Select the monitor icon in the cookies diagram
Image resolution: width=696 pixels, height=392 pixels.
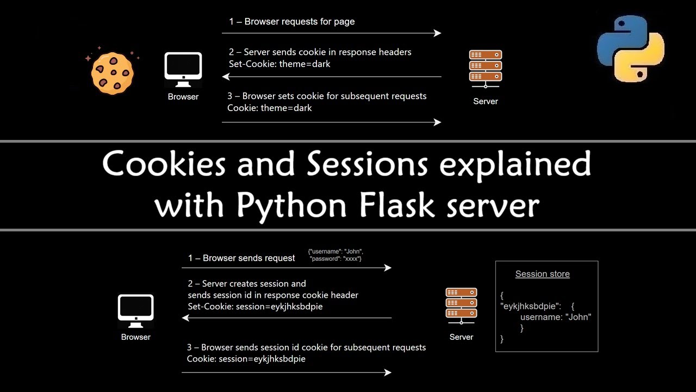pyautogui.click(x=183, y=70)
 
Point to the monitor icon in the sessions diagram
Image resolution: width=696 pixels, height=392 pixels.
pyautogui.click(x=136, y=311)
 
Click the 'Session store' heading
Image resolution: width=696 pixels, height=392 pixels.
pyautogui.click(x=542, y=274)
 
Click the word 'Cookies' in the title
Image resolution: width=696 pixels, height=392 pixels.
pyautogui.click(x=165, y=163)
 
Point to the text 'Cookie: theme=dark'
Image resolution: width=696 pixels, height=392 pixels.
pyautogui.click(x=269, y=108)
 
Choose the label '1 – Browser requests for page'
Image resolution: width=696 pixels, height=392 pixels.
pyautogui.click(x=291, y=22)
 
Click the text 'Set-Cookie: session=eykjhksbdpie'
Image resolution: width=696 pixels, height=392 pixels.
pyautogui.click(x=255, y=307)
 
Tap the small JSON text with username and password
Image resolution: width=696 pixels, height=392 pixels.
pyautogui.click(x=335, y=255)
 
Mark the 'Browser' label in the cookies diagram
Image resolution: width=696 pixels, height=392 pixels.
pyautogui.click(x=183, y=97)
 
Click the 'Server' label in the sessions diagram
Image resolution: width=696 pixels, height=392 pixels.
pyautogui.click(x=461, y=337)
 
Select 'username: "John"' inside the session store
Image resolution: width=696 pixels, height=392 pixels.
pyautogui.click(x=555, y=317)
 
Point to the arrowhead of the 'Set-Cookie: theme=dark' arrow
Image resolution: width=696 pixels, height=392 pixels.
pyautogui.click(x=225, y=77)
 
